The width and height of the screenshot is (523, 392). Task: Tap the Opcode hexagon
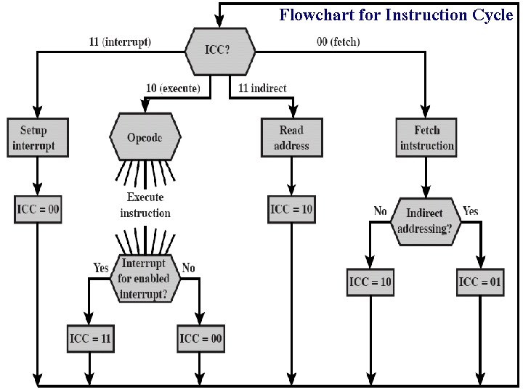(x=145, y=137)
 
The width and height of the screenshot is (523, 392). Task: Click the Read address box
(x=291, y=137)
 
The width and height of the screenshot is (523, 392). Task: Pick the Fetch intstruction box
(x=426, y=137)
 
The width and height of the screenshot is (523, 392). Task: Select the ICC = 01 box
(x=479, y=282)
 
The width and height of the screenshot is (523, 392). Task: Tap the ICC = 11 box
(x=90, y=338)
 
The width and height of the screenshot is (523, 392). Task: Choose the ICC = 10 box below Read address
(x=291, y=210)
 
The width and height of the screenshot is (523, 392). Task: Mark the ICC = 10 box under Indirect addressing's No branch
(x=370, y=282)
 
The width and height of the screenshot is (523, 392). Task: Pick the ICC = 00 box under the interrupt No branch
(x=200, y=338)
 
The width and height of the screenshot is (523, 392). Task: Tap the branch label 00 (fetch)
(x=338, y=42)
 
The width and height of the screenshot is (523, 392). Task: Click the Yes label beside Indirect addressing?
(x=471, y=211)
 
